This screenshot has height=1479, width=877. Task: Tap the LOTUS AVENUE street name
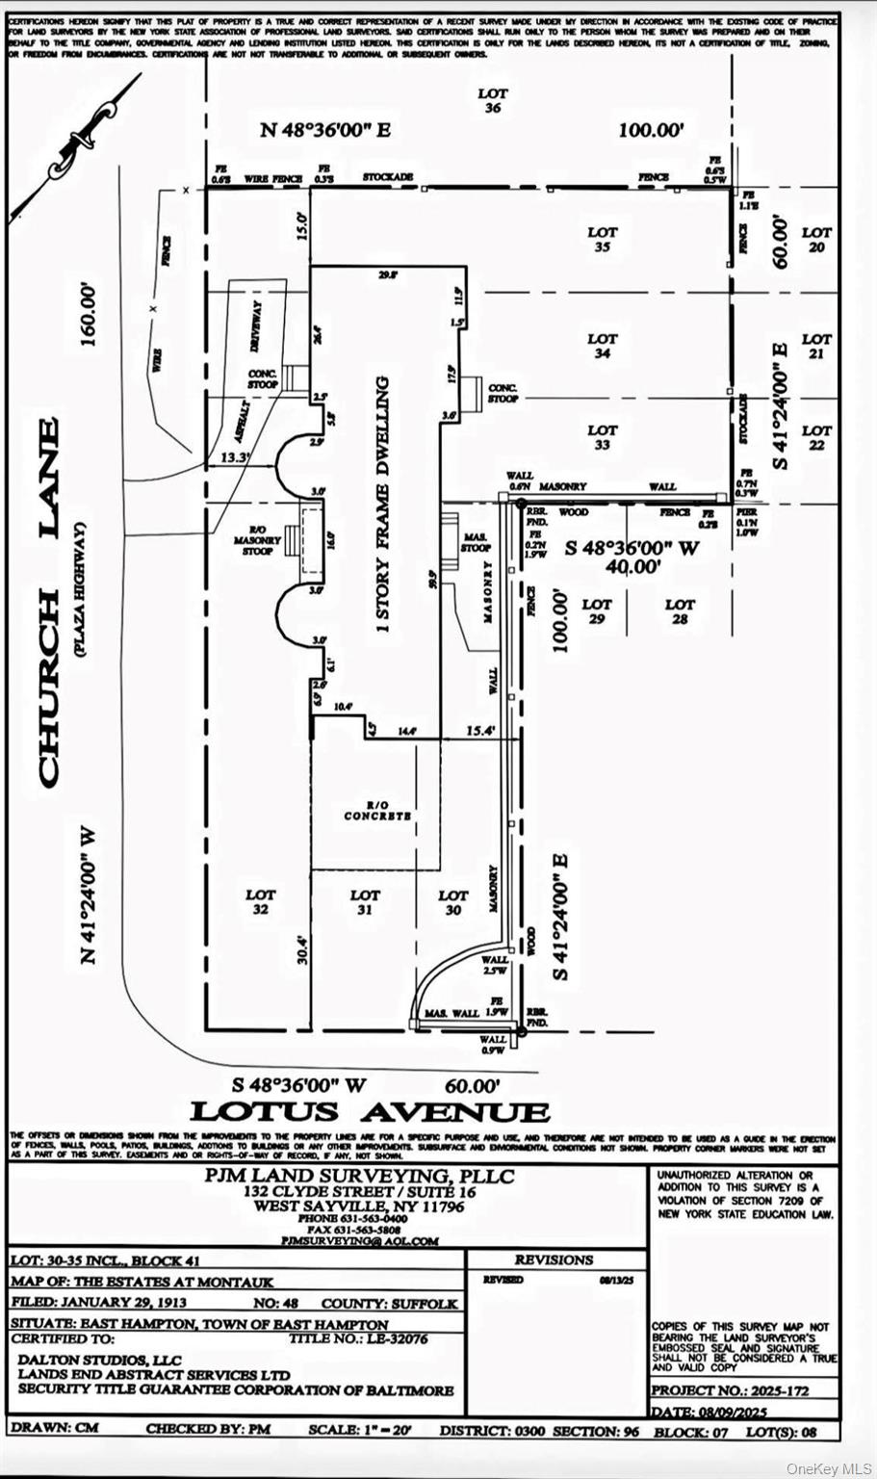pyautogui.click(x=370, y=1112)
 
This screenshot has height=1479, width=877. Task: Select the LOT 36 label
pyautogui.click(x=493, y=101)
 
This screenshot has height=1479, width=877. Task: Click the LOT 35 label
pyautogui.click(x=603, y=240)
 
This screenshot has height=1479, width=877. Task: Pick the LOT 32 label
pyautogui.click(x=260, y=901)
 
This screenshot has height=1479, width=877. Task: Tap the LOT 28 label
pyautogui.click(x=680, y=611)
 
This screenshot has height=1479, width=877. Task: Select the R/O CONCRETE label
pyautogui.click(x=377, y=811)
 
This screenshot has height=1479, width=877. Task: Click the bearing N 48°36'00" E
pyautogui.click(x=325, y=130)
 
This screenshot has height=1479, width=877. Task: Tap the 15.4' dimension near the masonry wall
pyautogui.click(x=479, y=732)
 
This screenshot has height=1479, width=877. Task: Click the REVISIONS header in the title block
pyautogui.click(x=555, y=1259)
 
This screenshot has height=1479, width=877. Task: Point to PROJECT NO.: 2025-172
pyautogui.click(x=731, y=1390)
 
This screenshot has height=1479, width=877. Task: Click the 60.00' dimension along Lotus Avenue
pyautogui.click(x=473, y=1085)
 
